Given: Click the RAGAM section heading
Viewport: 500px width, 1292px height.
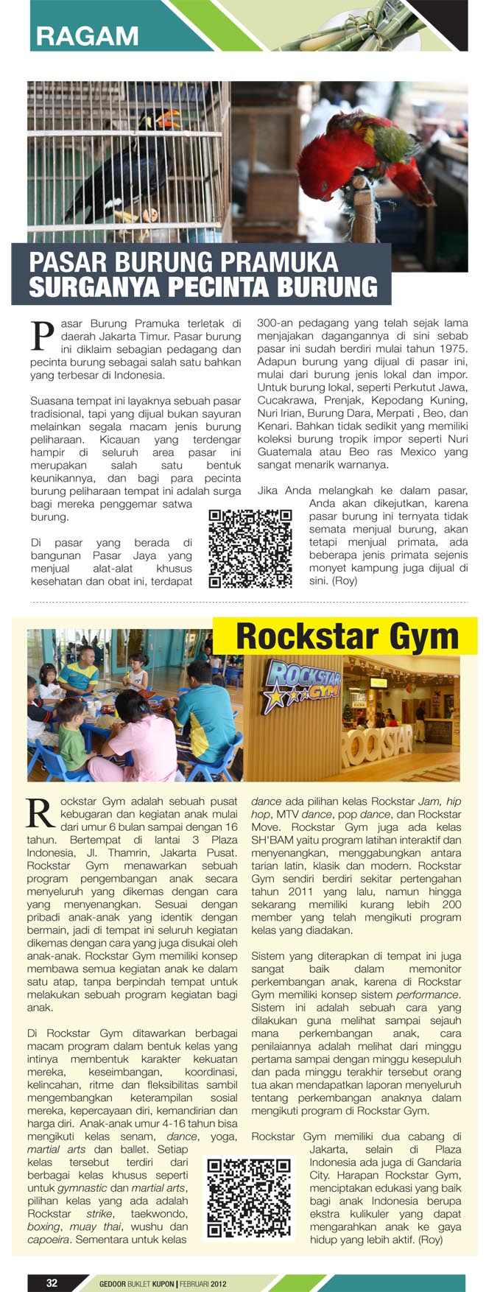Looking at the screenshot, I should (87, 35).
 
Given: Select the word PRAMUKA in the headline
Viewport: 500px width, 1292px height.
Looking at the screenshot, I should (279, 262).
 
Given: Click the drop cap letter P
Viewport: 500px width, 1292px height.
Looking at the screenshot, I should (42, 335).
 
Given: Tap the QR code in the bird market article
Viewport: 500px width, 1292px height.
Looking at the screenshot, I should (250, 548).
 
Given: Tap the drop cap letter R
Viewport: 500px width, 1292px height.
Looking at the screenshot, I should (40, 813).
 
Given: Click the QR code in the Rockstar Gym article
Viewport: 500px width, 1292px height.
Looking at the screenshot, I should (248, 1198).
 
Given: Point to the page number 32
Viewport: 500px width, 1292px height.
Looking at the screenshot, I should (52, 1282).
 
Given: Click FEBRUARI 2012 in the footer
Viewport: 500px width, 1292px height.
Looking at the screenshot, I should (203, 1283).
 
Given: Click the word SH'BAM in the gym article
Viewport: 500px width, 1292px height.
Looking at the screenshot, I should (273, 840).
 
